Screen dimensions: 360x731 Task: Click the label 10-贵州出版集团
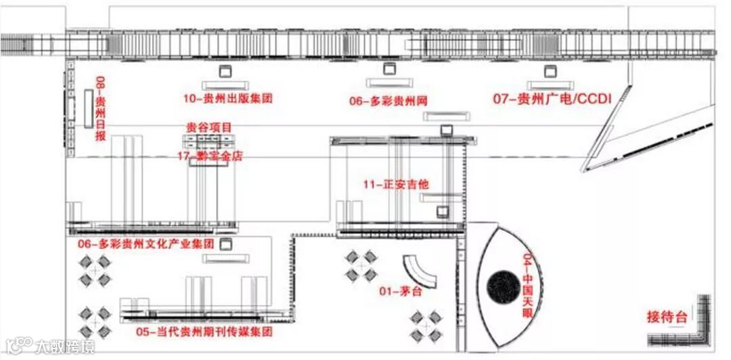pyautogui.click(x=227, y=98)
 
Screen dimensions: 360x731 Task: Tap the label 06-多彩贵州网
pyautogui.click(x=389, y=101)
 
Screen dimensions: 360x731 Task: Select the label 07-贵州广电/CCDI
pyautogui.click(x=552, y=99)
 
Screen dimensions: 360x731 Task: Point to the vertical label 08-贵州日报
pyautogui.click(x=101, y=108)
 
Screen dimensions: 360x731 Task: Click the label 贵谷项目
pyautogui.click(x=209, y=127)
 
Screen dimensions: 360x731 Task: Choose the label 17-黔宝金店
pyautogui.click(x=209, y=156)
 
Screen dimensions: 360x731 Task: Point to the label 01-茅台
pyautogui.click(x=400, y=292)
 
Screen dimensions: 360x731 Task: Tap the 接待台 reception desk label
pyautogui.click(x=667, y=316)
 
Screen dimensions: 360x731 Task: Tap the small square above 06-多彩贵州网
pyautogui.click(x=389, y=68)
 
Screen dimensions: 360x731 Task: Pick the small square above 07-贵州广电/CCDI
pyautogui.click(x=550, y=70)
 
